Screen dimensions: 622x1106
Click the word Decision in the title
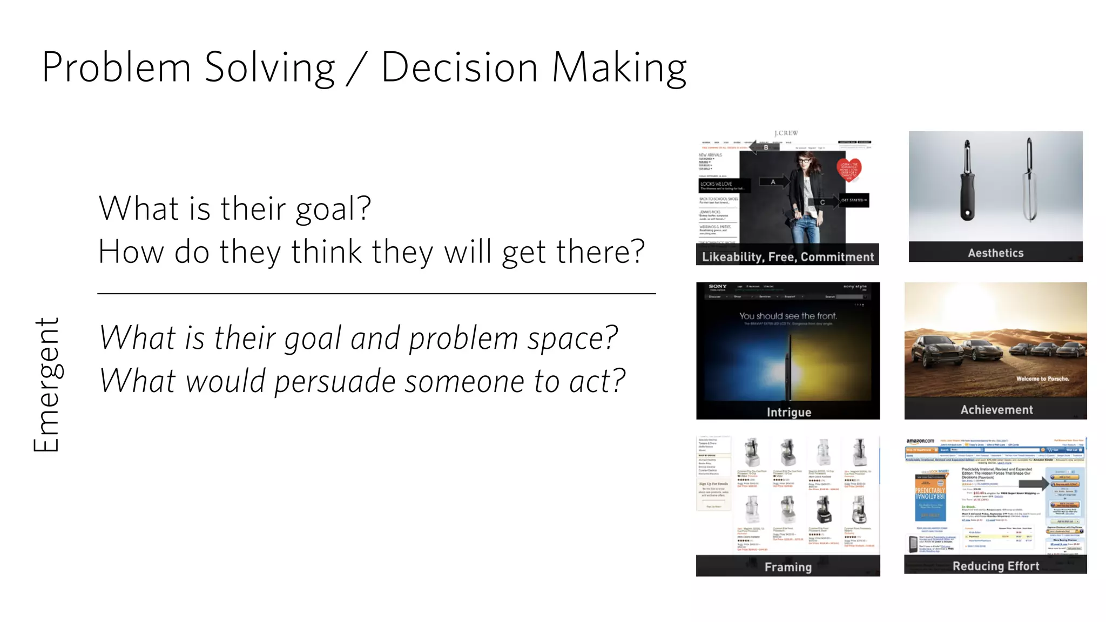pos(459,68)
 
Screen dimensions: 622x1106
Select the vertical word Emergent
pos(46,384)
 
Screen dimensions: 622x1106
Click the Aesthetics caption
pos(995,253)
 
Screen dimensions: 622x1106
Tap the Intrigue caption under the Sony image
pos(788,412)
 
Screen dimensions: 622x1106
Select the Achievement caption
pos(996,409)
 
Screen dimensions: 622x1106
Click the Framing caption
pos(788,566)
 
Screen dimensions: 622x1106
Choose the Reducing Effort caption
pos(995,565)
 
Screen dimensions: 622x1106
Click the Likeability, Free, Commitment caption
pos(787,256)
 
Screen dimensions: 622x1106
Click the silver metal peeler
pos(1030,181)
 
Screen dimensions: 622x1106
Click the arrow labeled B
pos(765,147)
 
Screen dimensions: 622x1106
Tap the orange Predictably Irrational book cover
pos(930,496)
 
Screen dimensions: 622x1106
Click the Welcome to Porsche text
pos(1042,378)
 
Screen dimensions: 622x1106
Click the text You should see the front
pos(787,316)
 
